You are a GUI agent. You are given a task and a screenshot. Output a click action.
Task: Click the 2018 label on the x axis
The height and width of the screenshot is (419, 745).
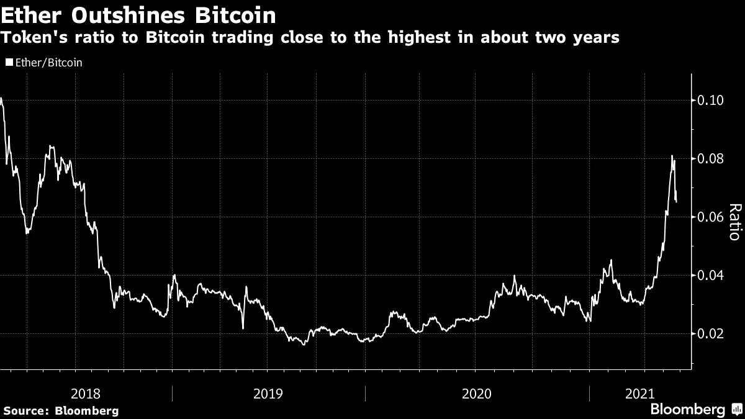click(86, 394)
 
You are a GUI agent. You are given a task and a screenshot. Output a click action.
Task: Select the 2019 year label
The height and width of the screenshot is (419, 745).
click(269, 394)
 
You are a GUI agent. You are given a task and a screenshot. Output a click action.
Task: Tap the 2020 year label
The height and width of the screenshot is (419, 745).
click(477, 394)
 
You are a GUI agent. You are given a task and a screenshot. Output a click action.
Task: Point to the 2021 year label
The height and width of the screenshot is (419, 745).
click(640, 394)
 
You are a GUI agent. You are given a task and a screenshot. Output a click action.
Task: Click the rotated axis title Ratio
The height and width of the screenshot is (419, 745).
click(734, 222)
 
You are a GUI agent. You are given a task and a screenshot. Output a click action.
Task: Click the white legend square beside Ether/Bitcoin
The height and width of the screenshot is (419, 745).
click(8, 63)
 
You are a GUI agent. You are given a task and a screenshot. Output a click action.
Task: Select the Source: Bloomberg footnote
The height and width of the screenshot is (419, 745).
click(61, 411)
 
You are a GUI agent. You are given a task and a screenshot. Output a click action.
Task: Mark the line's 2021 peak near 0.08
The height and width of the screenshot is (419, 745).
click(672, 155)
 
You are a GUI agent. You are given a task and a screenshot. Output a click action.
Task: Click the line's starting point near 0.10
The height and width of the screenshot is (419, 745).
click(1, 98)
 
